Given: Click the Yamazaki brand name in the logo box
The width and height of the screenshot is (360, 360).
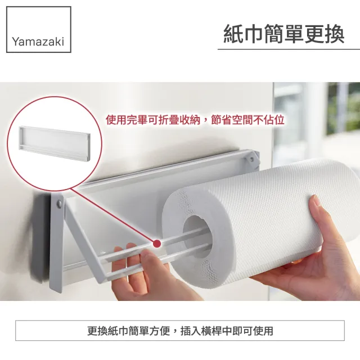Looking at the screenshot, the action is [38, 42].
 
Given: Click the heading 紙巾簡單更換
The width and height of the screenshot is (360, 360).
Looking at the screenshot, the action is [283, 34].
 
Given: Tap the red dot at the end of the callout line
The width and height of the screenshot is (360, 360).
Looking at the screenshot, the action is [157, 243].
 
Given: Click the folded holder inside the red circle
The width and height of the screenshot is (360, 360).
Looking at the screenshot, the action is [55, 143].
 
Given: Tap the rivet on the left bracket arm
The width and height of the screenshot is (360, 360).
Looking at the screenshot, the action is [60, 204].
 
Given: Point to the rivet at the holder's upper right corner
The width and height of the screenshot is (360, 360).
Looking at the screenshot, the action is [252, 159].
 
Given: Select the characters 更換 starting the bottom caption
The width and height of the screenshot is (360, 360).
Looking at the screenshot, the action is [97, 331].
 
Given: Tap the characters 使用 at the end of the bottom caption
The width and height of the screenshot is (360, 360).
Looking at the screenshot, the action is [263, 331].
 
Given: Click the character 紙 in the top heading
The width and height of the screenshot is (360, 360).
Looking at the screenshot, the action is [233, 34].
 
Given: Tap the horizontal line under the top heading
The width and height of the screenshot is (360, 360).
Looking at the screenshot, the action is [289, 49].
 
